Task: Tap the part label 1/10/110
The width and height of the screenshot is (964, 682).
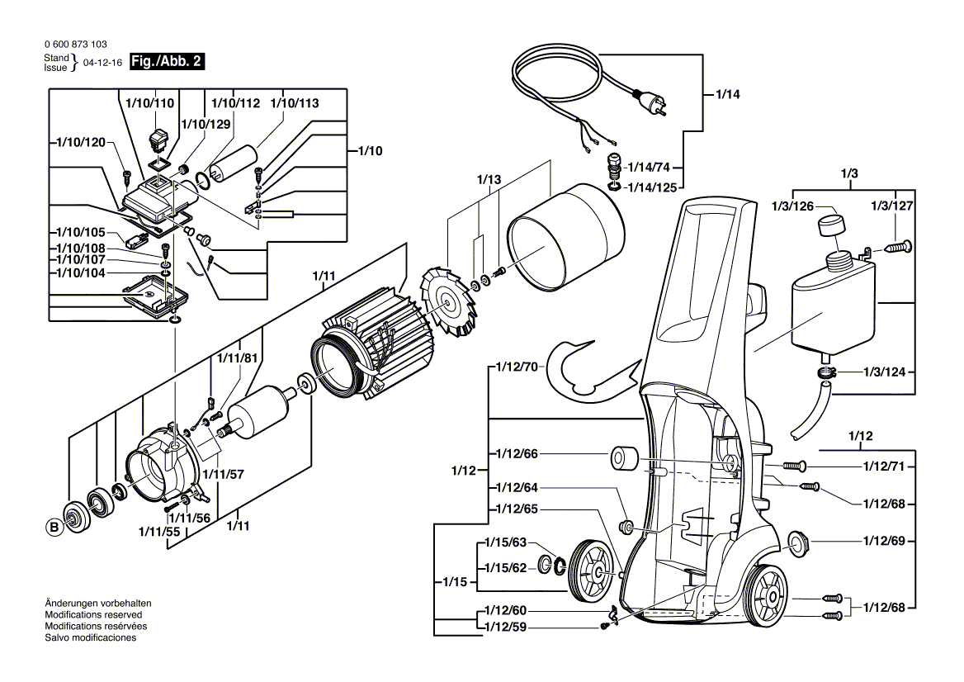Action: (149, 103)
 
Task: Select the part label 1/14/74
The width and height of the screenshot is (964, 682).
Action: (646, 165)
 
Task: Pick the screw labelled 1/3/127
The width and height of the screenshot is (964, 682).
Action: (895, 244)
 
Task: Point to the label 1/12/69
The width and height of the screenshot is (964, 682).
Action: (884, 542)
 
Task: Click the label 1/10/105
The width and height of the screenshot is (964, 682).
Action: (81, 232)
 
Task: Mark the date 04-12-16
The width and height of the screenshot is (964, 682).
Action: (102, 63)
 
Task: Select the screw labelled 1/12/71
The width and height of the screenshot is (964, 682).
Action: (793, 467)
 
